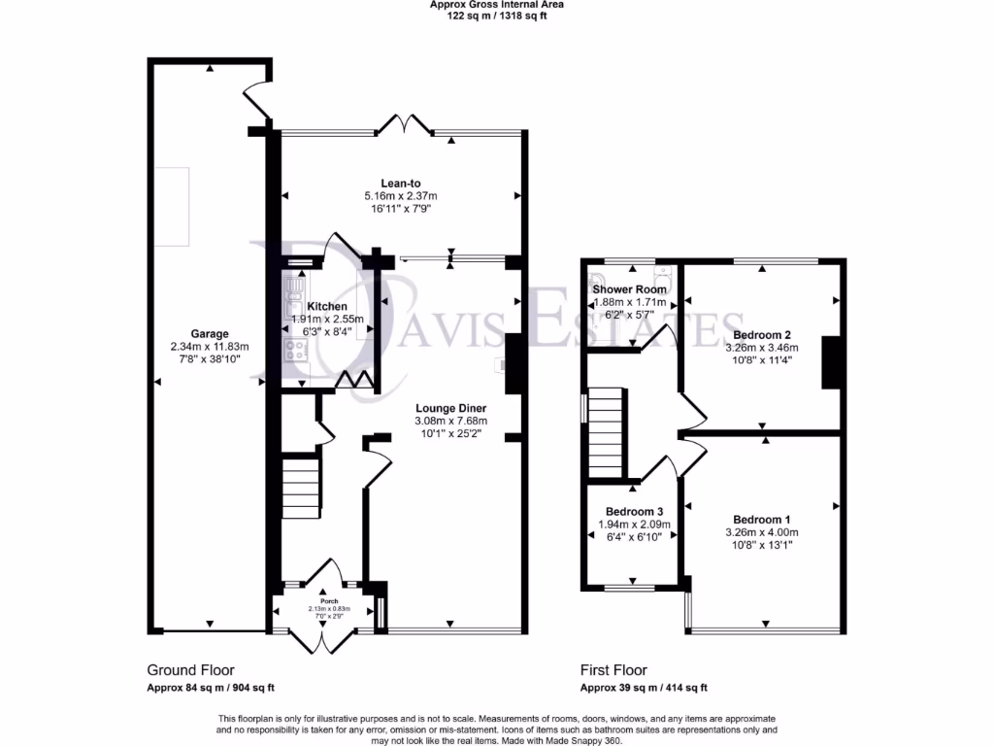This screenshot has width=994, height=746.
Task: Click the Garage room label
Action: coord(210,333)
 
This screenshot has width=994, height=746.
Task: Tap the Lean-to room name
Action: coord(400,182)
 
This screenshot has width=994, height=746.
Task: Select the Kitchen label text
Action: coord(327,306)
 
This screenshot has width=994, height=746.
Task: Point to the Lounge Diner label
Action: coord(450,408)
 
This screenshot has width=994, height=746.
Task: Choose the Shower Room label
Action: coord(629,289)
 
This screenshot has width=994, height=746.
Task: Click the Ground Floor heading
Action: coord(190,670)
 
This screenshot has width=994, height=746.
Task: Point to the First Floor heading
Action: coord(613,670)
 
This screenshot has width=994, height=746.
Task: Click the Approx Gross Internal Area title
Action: coord(496,5)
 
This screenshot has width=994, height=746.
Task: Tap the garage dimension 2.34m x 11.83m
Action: coord(210,347)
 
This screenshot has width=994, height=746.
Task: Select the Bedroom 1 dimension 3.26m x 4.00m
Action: coord(761,532)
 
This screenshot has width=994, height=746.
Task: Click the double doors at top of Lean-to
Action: coord(405,124)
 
